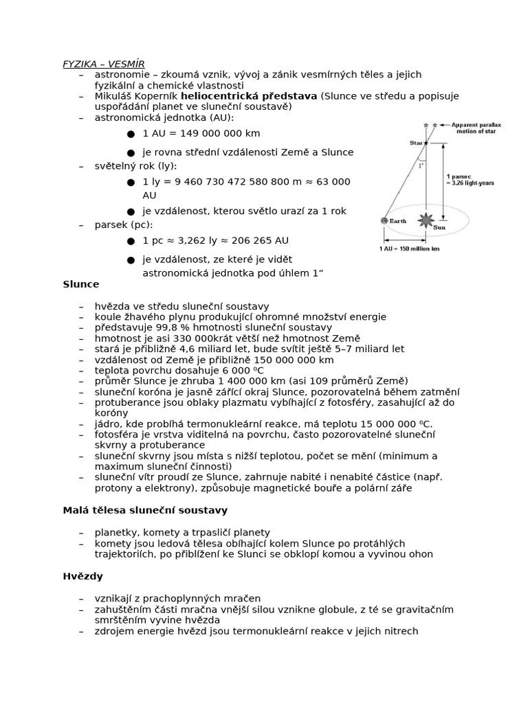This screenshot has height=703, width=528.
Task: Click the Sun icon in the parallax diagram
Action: point(426,220)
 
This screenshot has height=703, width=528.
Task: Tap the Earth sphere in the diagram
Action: point(384,220)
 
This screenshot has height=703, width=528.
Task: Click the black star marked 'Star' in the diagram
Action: point(426,143)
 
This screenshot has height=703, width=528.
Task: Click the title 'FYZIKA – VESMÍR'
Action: point(104,64)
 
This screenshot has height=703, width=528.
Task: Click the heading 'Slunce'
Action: point(81,284)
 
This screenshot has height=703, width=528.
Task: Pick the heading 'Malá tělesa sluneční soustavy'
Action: point(145,510)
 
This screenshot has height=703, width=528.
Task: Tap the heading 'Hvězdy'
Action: point(82,576)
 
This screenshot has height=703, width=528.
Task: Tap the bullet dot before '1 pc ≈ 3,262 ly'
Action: point(131,241)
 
